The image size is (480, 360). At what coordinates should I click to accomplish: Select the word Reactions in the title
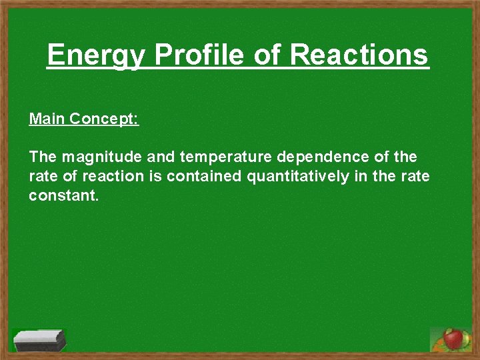point(359,55)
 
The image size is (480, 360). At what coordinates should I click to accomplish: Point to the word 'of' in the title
point(269,55)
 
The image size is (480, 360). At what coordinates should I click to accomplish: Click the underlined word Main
point(47,119)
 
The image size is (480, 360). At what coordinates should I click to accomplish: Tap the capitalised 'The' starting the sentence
point(43,158)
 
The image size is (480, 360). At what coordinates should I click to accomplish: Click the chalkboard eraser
point(39,341)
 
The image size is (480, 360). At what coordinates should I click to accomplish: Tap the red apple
point(453,339)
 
